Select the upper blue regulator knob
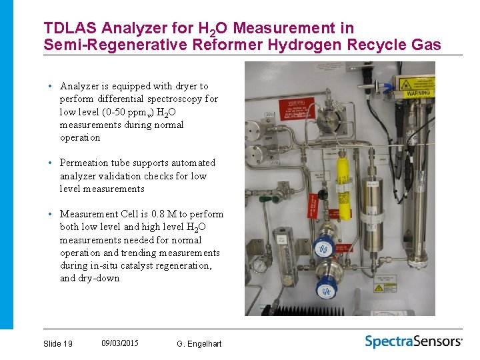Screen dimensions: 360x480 325,249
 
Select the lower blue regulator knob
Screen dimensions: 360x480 327,291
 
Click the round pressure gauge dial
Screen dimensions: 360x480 259,265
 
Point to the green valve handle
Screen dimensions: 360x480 323,195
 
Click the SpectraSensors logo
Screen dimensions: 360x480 413,342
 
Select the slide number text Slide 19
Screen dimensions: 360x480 58,344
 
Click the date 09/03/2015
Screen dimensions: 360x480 120,343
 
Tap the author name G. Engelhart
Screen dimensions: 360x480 199,344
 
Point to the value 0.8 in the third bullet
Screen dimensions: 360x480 158,214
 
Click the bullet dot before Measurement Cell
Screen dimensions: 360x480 50,214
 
